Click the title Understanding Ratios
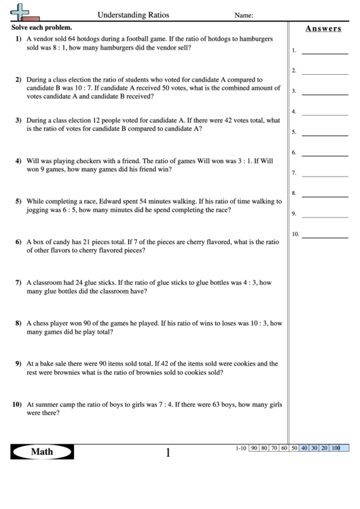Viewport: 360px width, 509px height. tap(134, 14)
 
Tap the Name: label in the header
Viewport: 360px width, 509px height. tap(244, 15)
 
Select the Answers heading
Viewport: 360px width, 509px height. tap(323, 29)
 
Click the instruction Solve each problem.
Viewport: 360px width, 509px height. tap(40, 27)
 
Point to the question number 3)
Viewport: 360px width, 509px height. tap(18, 120)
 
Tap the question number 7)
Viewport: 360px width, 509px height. tap(18, 282)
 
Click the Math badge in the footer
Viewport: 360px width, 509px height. tap(42, 452)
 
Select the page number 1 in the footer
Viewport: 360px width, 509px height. tap(168, 453)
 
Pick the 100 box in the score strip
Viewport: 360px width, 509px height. tap(336, 449)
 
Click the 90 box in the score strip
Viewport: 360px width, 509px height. tap(254, 449)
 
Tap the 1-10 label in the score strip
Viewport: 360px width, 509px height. tap(240, 449)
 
